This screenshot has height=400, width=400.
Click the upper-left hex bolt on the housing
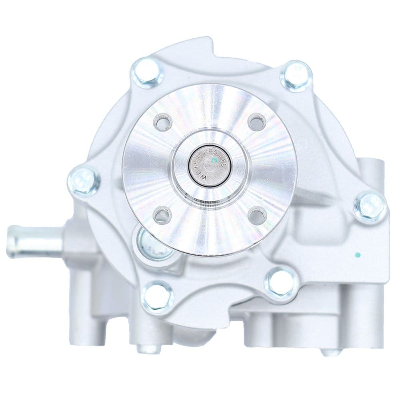pyautogui.click(x=147, y=73)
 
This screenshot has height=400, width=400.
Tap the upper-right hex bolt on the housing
pyautogui.click(x=296, y=76)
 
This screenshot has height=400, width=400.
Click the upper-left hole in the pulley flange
pyautogui.click(x=162, y=122)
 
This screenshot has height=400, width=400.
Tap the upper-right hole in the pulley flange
pyautogui.click(x=257, y=122)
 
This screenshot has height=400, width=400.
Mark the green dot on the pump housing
pyautogui.click(x=358, y=254)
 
